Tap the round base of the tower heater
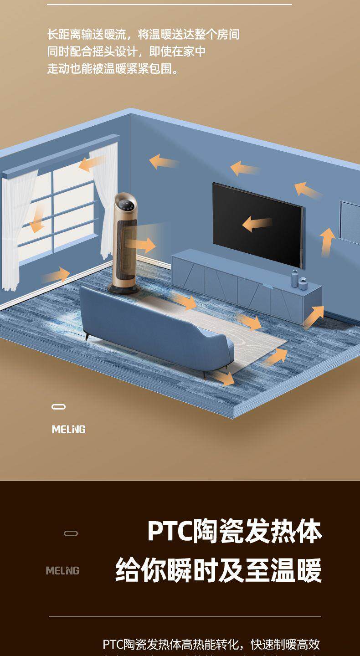[x=123, y=287]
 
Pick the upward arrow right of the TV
[x=327, y=241]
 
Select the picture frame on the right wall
[x=350, y=223]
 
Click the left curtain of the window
[x=18, y=228]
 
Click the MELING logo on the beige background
[x=68, y=430]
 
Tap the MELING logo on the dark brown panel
[x=62, y=571]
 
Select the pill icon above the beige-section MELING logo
[x=58, y=407]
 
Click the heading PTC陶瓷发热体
[x=235, y=531]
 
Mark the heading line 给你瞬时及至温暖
[x=219, y=570]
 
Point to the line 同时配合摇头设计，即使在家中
[x=126, y=51]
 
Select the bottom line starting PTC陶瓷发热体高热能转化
[x=211, y=644]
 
